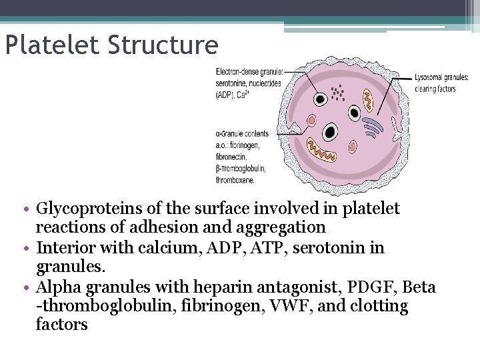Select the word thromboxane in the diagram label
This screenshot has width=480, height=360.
click(235, 179)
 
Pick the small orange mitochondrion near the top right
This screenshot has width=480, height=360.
click(367, 101)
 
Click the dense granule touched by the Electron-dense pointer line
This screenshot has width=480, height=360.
click(320, 99)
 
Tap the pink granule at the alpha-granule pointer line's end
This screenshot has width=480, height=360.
click(311, 122)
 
